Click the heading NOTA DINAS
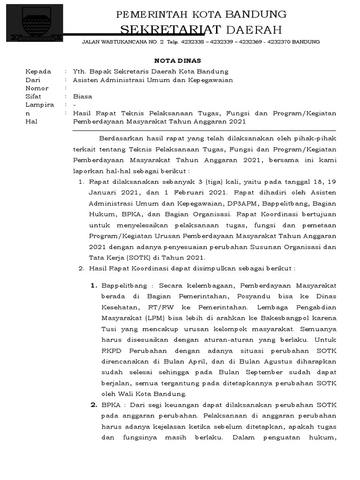tap(178, 60)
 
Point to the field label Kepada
tap(38, 72)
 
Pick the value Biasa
tap(82, 97)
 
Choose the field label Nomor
tap(37, 88)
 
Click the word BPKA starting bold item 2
tap(110, 405)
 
